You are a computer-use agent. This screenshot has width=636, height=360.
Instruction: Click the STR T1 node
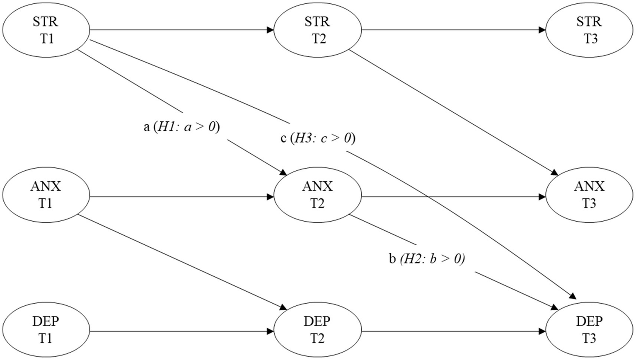[46, 30]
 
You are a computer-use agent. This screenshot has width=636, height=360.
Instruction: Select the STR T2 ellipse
[318, 30]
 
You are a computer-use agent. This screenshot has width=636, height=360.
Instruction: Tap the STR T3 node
[590, 30]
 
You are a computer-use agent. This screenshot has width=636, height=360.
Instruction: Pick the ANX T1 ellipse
[46, 195]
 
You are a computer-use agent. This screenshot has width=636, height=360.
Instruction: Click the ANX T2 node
[318, 195]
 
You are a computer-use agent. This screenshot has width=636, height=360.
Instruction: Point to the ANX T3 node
[590, 195]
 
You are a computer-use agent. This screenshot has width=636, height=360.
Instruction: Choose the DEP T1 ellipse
[46, 330]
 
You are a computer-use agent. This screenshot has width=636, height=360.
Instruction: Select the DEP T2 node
[318, 330]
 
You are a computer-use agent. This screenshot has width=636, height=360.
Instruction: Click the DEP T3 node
[590, 330]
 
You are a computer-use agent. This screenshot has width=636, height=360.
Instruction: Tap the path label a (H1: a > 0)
[181, 127]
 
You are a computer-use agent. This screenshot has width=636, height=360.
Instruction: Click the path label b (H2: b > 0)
[427, 259]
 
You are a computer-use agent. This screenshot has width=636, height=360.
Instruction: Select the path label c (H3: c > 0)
[318, 138]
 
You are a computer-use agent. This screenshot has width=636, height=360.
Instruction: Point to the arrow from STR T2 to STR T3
[454, 30]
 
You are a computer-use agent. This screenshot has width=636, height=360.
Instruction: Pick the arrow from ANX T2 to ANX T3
[454, 197]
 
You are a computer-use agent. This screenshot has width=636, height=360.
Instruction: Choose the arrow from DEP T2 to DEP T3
[454, 331]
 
